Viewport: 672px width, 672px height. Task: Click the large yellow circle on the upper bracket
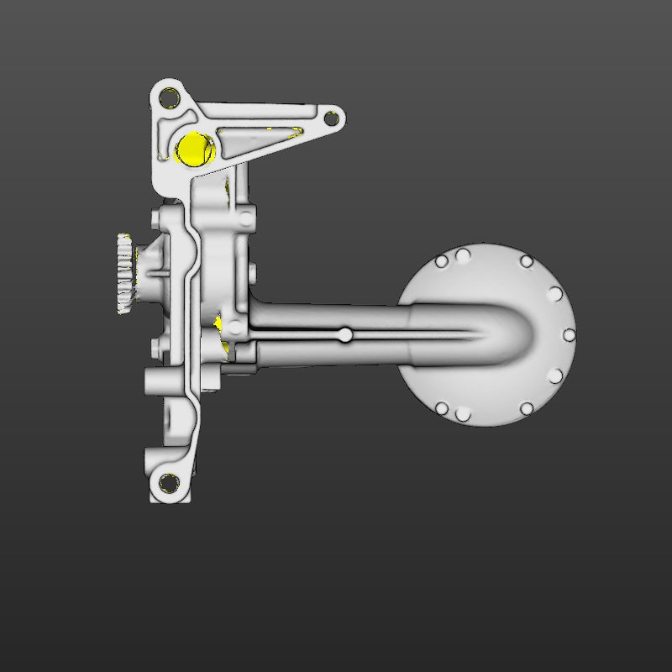tap(195, 149)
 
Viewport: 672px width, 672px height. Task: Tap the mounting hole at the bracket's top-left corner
tap(168, 94)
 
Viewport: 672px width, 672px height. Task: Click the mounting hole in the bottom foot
tap(169, 484)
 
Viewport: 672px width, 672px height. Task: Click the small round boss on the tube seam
tap(345, 335)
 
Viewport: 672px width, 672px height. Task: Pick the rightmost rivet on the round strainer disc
tap(569, 335)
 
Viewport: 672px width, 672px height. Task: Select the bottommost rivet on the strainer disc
tap(463, 415)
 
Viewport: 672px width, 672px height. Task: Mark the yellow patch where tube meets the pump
tap(220, 323)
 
